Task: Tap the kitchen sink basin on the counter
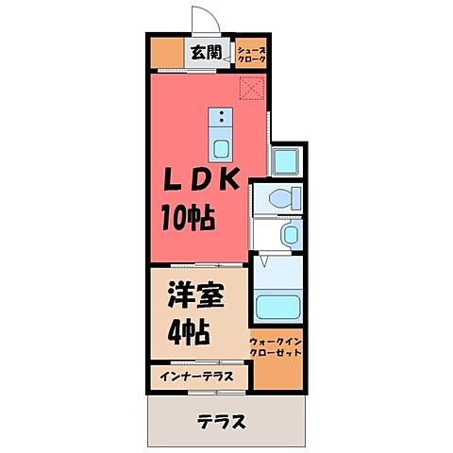click(220, 148)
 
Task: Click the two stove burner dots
click(220, 117)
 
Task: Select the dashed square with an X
click(251, 91)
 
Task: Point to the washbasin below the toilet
click(290, 233)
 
